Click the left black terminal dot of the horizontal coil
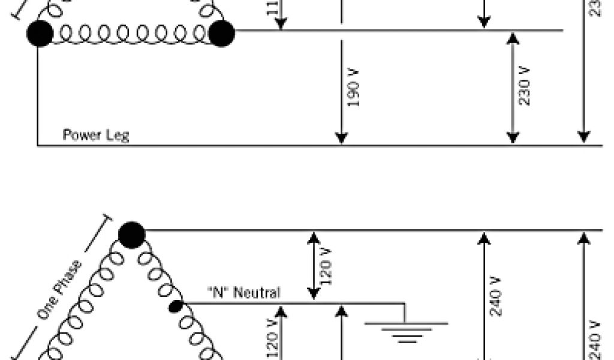coord(40,33)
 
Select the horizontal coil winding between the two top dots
coord(130,34)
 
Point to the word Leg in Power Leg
coord(118,135)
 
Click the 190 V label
coord(354,88)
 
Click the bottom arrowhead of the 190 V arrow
coord(341,138)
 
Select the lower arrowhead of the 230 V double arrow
coord(512,137)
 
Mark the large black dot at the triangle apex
coord(131,235)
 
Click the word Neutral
coord(256,293)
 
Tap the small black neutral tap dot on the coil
coord(176,307)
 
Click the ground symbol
coord(407,331)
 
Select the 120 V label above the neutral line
coord(327,266)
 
